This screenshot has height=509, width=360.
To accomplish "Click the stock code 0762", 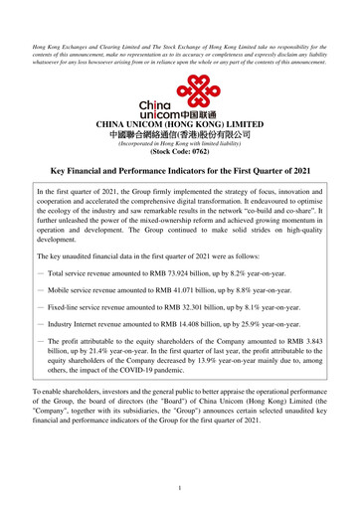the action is pyautogui.click(x=192, y=153).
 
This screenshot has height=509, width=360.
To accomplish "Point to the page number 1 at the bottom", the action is pyautogui.click(x=180, y=488).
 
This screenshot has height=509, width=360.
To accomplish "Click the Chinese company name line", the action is pyautogui.click(x=179, y=133).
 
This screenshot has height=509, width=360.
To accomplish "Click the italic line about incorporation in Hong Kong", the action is pyautogui.click(x=179, y=144).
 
